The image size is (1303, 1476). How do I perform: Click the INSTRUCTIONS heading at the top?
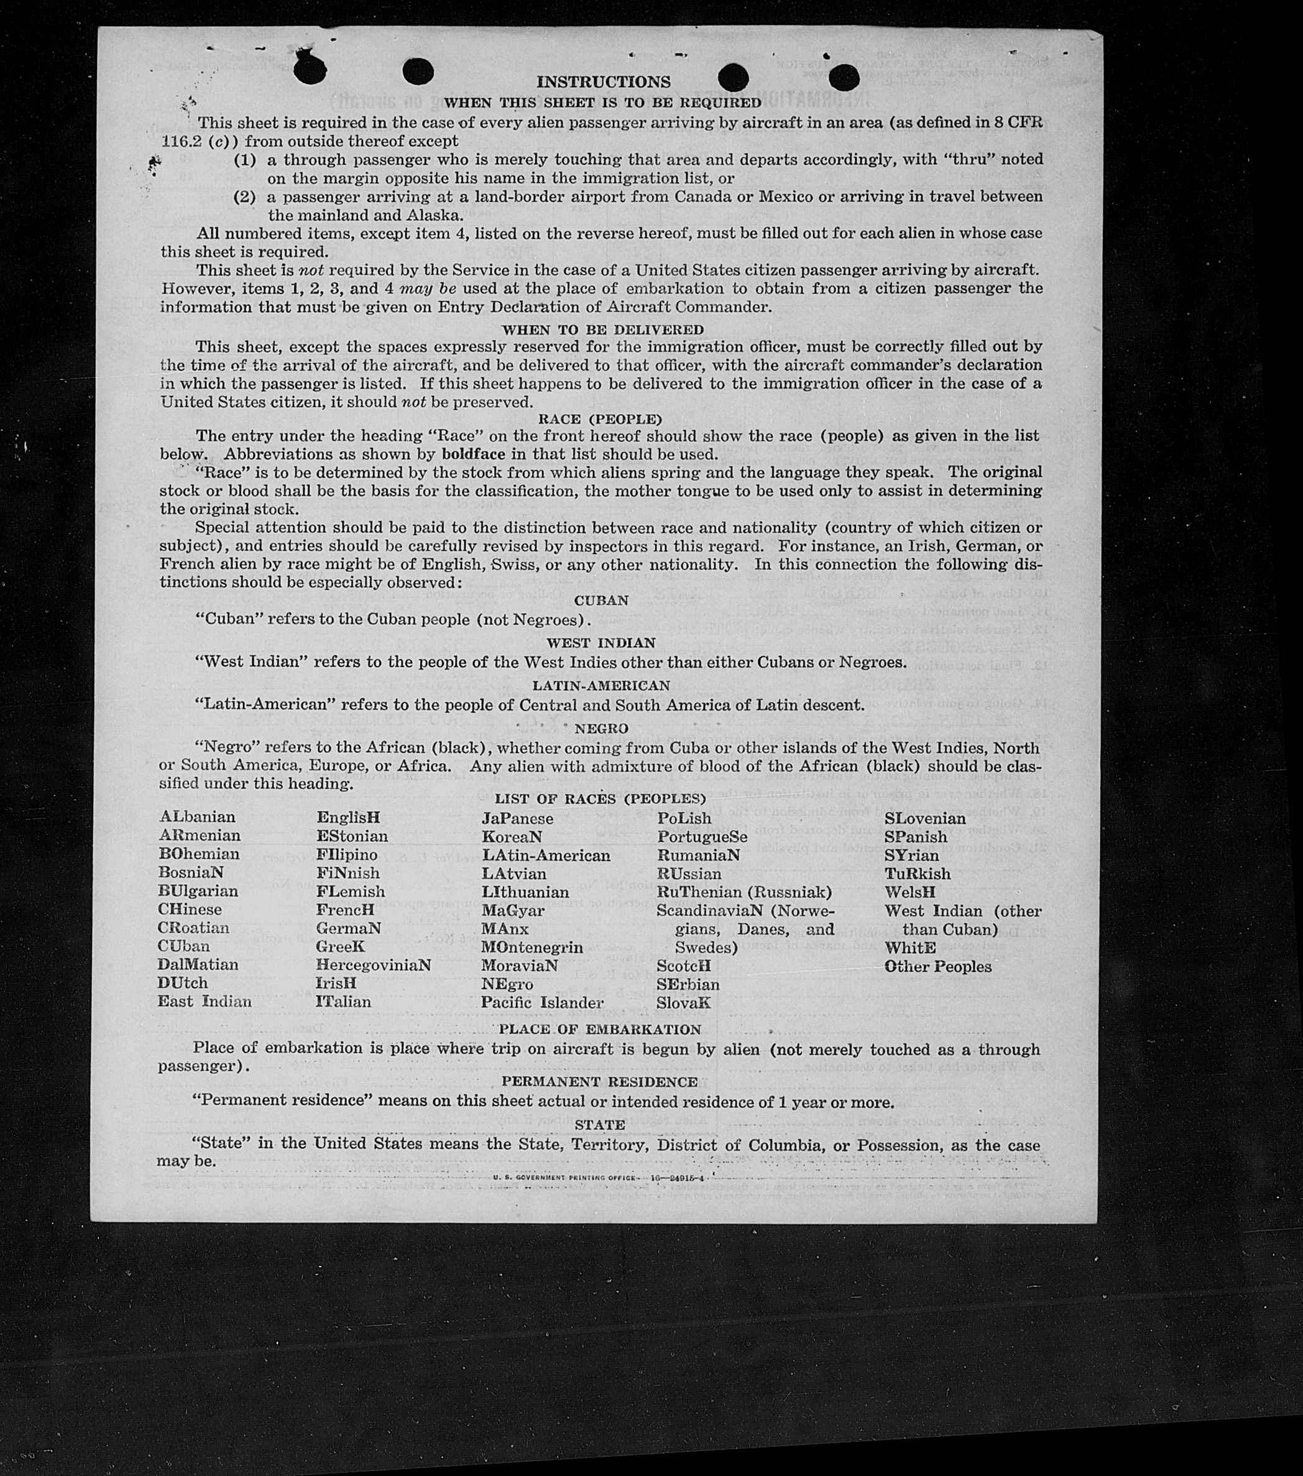(x=603, y=82)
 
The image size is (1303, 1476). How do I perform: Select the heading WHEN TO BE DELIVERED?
(x=603, y=330)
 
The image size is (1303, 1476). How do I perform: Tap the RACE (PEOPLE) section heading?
(x=600, y=420)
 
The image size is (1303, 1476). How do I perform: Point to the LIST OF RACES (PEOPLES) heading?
(x=600, y=799)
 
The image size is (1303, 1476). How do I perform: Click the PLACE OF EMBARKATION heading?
(x=600, y=1029)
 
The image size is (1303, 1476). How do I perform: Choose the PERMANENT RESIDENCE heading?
(x=600, y=1082)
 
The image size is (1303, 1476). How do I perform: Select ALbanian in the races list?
(x=197, y=818)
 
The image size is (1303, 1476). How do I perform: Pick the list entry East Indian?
(x=205, y=1002)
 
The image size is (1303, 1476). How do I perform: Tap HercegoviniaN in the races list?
(x=373, y=965)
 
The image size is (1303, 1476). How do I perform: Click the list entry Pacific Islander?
(x=542, y=1002)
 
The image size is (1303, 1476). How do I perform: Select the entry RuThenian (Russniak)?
(x=744, y=892)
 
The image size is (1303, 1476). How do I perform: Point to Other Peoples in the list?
(x=937, y=966)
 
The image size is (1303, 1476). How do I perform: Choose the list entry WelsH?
(x=910, y=892)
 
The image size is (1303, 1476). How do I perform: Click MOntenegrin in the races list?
(x=532, y=947)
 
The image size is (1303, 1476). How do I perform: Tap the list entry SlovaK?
(x=684, y=1002)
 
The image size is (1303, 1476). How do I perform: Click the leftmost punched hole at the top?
(x=310, y=70)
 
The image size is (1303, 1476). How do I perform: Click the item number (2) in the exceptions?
(x=245, y=196)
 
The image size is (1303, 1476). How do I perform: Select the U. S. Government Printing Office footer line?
(x=599, y=1178)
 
